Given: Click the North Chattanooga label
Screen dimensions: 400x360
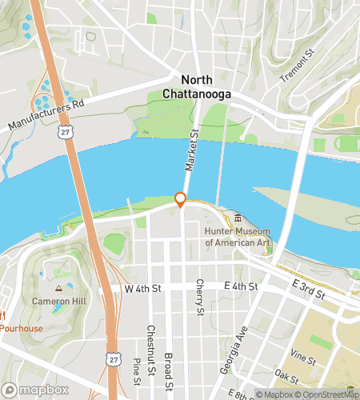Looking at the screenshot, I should coord(206,87).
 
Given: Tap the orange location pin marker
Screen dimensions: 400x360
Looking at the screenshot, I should coord(181,200).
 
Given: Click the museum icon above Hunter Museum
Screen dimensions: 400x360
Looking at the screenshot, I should coord(238,218).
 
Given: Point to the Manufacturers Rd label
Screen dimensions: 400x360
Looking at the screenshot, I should coord(46,115).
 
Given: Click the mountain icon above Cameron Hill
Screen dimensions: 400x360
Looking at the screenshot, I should coord(58,288).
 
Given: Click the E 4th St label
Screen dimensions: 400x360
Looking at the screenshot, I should coord(241,286).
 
